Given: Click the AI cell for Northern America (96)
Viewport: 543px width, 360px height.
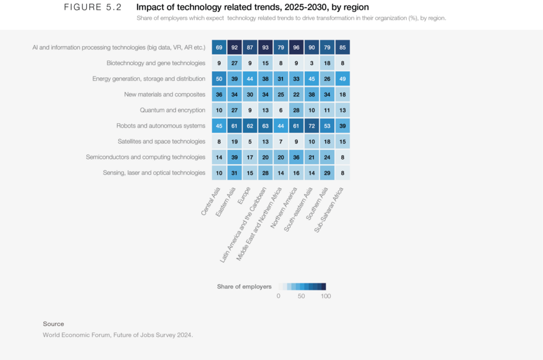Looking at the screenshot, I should pos(296,47).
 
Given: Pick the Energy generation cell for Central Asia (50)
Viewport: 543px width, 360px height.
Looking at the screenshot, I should pos(219,79).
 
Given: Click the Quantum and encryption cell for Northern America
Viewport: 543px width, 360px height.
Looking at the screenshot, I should pos(296,110).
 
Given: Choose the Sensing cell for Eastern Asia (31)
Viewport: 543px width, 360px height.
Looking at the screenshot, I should pos(234,172).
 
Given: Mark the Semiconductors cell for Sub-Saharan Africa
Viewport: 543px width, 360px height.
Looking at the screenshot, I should pos(342,157).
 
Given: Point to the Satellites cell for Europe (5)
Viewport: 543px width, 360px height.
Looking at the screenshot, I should pos(250,141).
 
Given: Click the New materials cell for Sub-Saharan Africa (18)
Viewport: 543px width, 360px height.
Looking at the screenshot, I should pos(342,94).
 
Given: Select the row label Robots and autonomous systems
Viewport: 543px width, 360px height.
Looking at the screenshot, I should pos(161,126).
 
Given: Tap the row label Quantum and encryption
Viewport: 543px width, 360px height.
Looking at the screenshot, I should pos(172,110).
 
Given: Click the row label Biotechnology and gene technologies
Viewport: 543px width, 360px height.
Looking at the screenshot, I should pos(156,63).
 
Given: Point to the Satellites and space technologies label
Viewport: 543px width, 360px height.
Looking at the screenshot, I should pos(162,141).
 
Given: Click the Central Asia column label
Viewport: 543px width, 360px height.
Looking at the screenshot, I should pos(213,200).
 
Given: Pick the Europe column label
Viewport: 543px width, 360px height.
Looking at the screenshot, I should pos(245,194).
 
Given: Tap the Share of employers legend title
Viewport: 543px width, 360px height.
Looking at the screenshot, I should pos(244,287).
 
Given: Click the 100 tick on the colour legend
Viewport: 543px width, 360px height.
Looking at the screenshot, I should pos(326,296).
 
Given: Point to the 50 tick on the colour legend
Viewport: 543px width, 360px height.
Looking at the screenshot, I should pos(302,296).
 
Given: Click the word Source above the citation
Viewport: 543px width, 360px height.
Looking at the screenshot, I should pos(54,324).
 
